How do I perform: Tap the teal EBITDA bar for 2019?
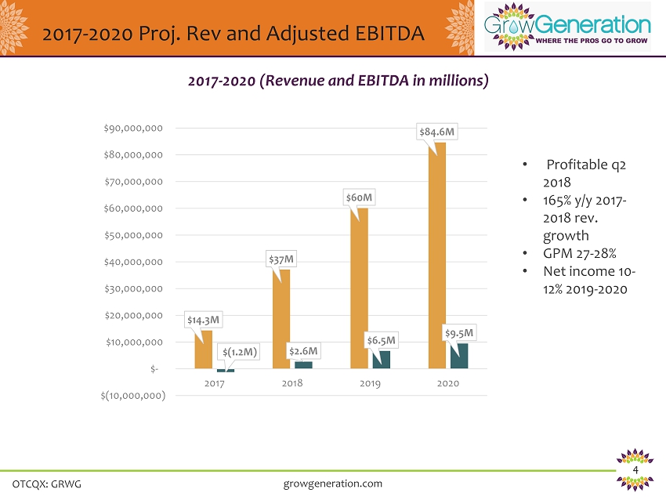[x=382, y=360]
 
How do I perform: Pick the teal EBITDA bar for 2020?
[x=459, y=356]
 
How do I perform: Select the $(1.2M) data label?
[x=240, y=352]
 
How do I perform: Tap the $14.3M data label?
[x=204, y=320]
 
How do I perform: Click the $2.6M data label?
[x=302, y=351]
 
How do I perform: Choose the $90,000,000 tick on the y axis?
[x=132, y=129]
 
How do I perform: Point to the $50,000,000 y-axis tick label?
[x=132, y=235]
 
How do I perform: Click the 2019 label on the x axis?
[x=370, y=384]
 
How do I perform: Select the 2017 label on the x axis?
[x=214, y=384]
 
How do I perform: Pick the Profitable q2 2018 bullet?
[x=585, y=172]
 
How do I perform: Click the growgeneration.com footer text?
[x=332, y=484]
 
